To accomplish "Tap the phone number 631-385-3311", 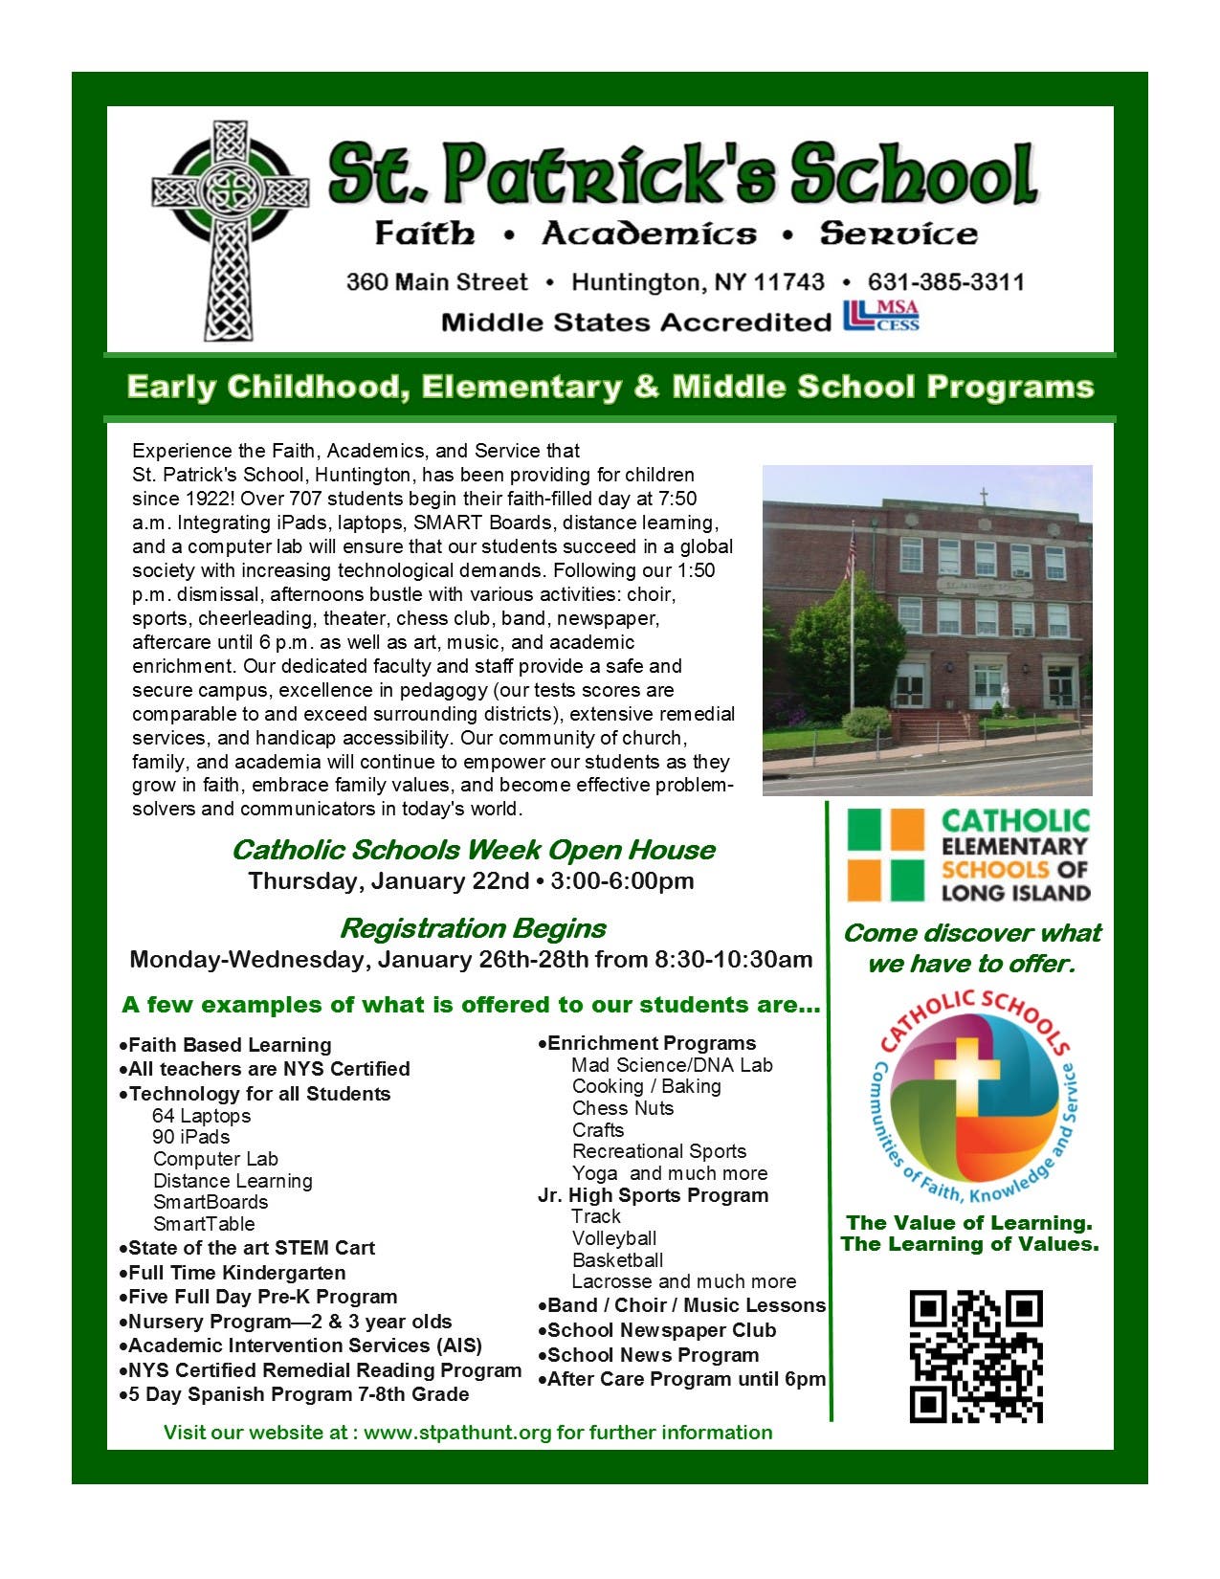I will coord(945,282).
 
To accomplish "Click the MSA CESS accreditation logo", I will coord(880,316).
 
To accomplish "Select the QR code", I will coord(975,1356).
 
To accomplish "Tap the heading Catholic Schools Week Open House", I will coord(473,850).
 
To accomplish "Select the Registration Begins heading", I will coord(473,928).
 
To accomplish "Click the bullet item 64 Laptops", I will coord(201,1116).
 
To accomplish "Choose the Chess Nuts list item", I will coord(622,1108).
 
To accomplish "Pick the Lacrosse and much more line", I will coord(683,1281).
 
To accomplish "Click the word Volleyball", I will coord(613,1238).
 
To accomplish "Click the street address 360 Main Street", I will coord(436,282).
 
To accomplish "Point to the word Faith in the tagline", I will coord(424,234).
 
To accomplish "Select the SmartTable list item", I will coord(204,1224).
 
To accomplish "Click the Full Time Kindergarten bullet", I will coord(236,1273).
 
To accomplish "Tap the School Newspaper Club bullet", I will coord(661,1330).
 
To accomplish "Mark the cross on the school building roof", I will coord(983,497).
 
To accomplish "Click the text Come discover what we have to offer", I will coord(971,948).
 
